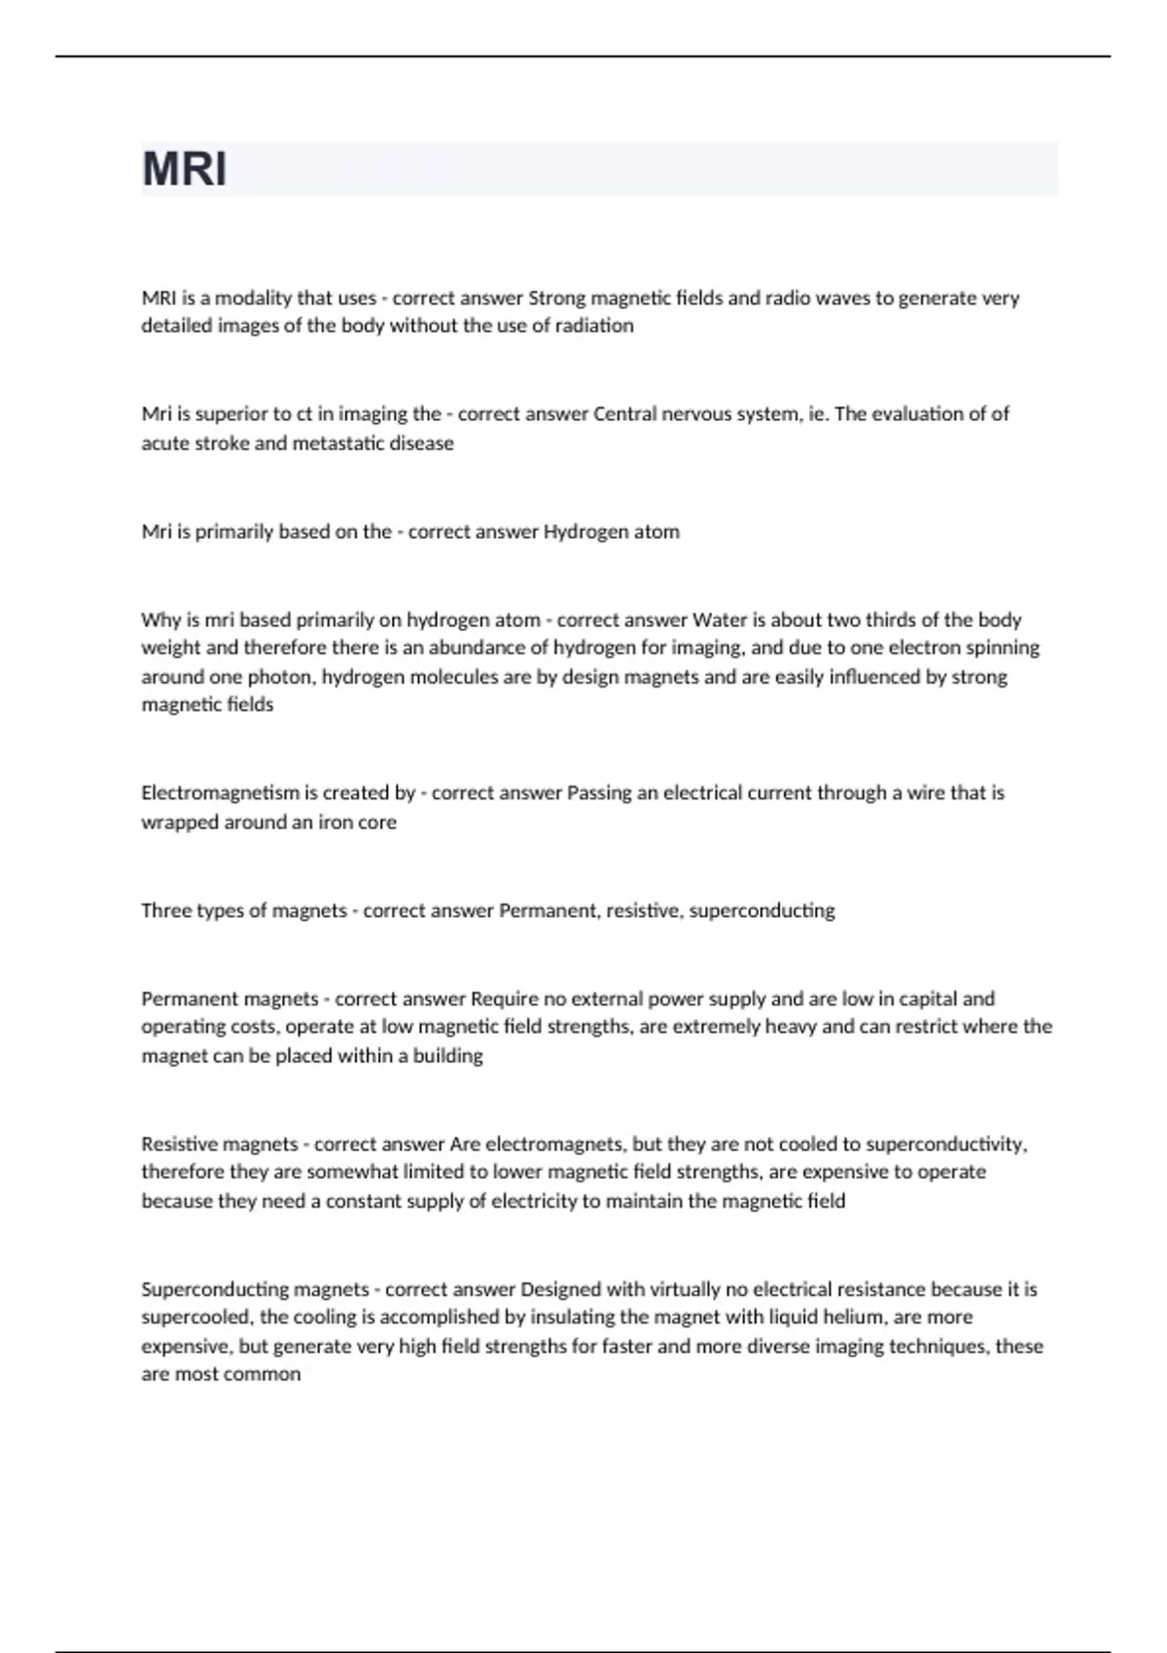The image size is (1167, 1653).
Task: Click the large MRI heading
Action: coord(185,169)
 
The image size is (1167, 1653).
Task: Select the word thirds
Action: coord(890,619)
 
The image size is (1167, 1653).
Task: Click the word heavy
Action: coord(789,1027)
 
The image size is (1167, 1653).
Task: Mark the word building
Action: coord(448,1055)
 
